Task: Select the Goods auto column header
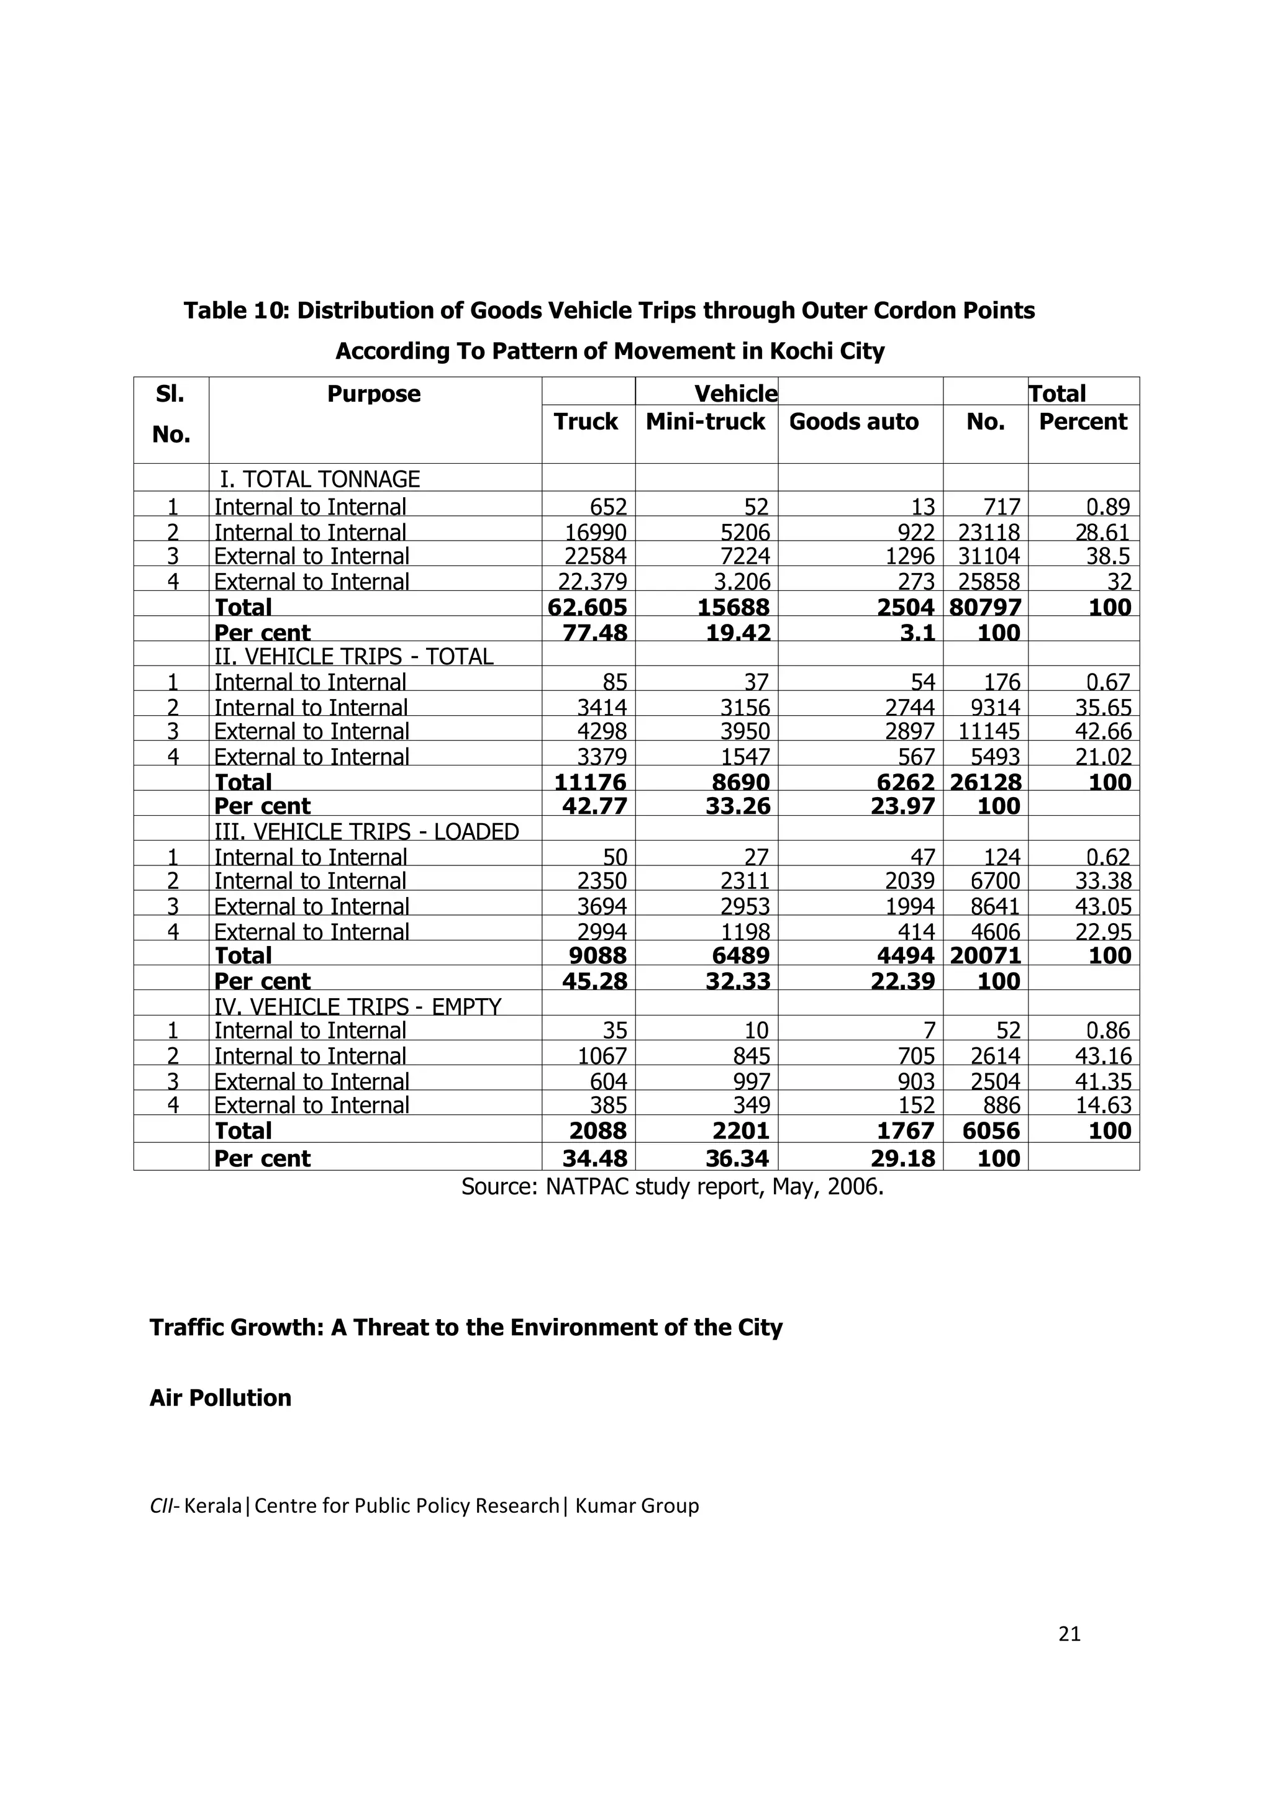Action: click(853, 422)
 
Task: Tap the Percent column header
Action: click(1083, 422)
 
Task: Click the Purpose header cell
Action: click(374, 394)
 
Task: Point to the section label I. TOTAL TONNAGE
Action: click(319, 479)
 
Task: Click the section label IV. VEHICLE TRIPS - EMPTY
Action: click(357, 1006)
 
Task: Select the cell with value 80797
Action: click(985, 607)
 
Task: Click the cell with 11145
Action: click(988, 732)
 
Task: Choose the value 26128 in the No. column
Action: click(985, 782)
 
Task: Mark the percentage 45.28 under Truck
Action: click(595, 981)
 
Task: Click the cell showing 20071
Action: click(985, 956)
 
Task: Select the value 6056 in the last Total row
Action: click(991, 1130)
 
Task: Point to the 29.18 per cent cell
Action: click(903, 1158)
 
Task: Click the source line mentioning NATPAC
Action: click(671, 1187)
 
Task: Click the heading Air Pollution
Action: click(220, 1398)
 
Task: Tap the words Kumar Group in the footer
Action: click(637, 1506)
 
